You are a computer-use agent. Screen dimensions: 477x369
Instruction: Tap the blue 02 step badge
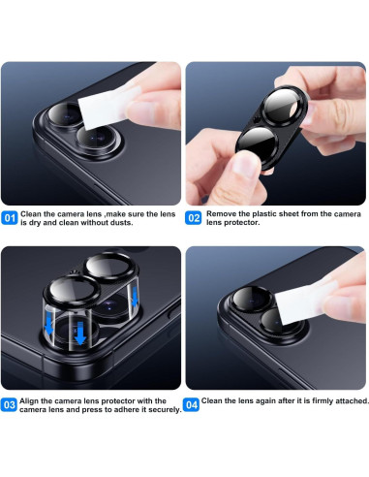point(194,218)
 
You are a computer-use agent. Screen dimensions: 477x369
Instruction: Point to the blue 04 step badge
point(192,402)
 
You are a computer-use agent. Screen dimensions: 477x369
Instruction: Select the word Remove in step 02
point(221,212)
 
